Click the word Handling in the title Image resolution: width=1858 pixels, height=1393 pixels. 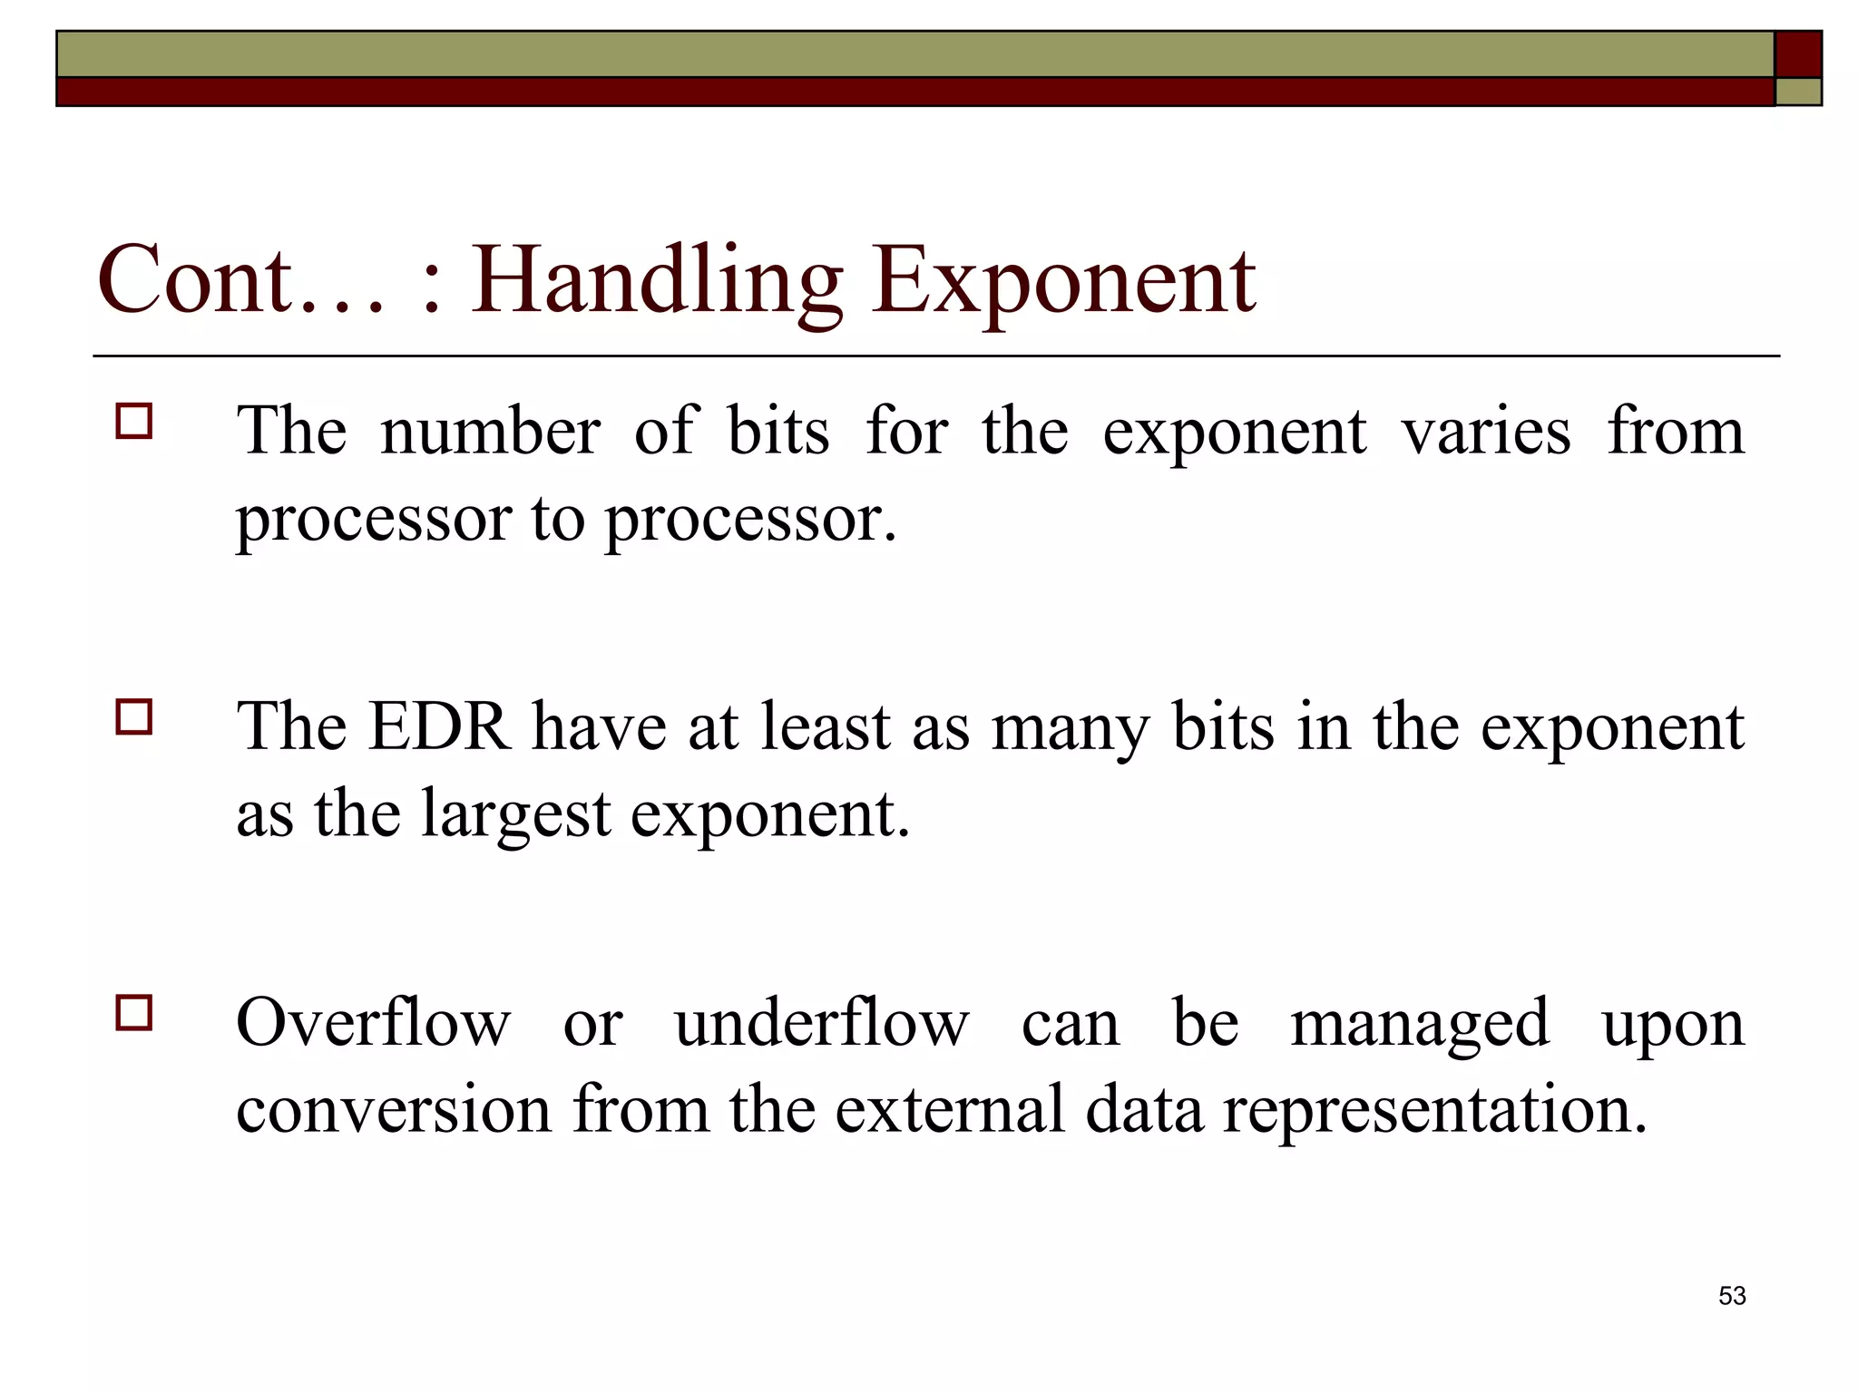click(x=656, y=281)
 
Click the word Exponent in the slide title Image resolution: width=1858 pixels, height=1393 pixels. click(x=1064, y=281)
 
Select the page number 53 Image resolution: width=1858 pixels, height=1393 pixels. click(x=1732, y=1296)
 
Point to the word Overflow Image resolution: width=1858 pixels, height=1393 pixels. click(x=373, y=1023)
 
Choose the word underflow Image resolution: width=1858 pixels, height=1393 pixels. click(x=822, y=1023)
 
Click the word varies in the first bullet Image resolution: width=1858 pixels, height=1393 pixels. click(x=1486, y=431)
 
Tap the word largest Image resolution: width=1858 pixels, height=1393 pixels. click(x=515, y=813)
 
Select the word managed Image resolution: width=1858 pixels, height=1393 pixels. click(x=1420, y=1023)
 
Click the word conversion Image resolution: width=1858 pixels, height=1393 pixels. click(x=394, y=1109)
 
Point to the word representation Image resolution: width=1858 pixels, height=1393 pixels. click(x=1434, y=1109)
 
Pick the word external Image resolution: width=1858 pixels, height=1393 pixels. click(x=949, y=1109)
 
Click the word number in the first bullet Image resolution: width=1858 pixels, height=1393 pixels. click(x=490, y=431)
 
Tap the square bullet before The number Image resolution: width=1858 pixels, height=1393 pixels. click(x=134, y=422)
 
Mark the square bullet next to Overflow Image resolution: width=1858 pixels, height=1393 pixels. click(x=134, y=1012)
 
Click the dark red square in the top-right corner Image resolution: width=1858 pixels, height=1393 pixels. click(x=1798, y=54)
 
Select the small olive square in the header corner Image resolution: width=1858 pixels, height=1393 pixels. click(x=1798, y=92)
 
